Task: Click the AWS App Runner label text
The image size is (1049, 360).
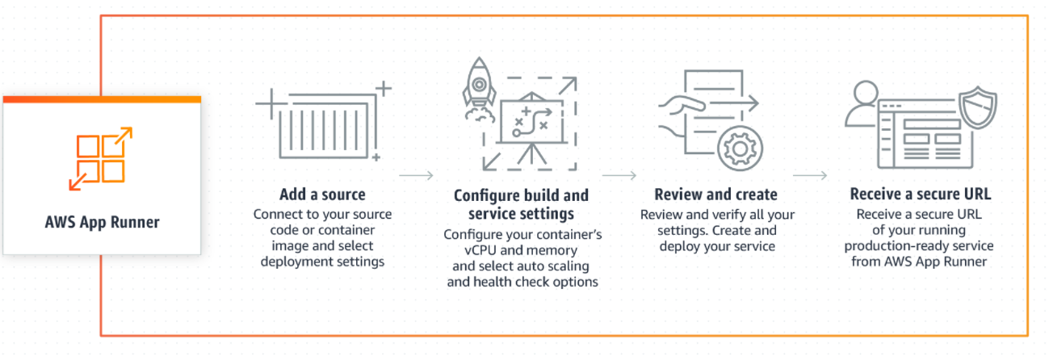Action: point(102,222)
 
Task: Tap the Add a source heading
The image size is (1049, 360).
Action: point(322,195)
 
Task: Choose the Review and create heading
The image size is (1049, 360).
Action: point(715,195)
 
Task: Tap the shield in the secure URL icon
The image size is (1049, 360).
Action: point(976,107)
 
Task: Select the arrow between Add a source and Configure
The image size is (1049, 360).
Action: point(416,174)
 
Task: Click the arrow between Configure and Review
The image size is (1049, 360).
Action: point(619,174)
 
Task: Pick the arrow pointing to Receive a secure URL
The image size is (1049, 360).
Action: point(810,174)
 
